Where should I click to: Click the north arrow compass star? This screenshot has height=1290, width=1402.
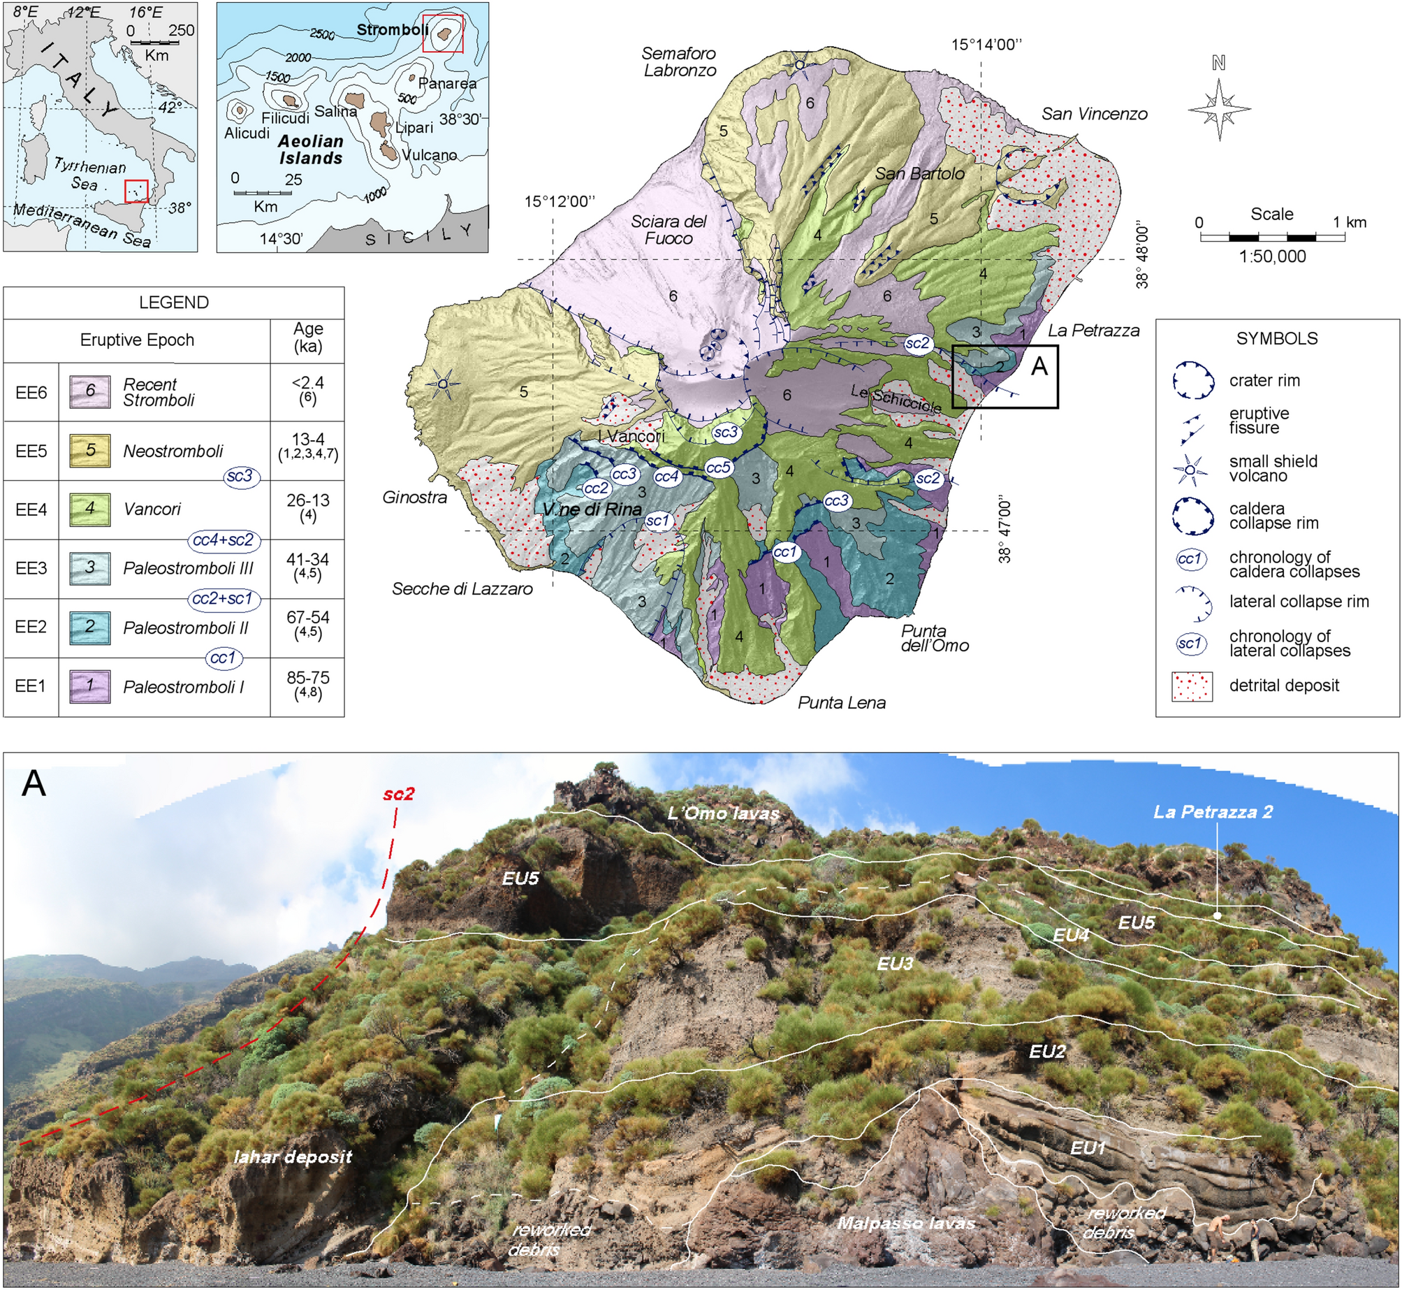[1219, 109]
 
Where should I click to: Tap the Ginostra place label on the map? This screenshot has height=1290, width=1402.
[414, 498]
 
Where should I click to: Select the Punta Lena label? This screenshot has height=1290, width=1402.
[841, 703]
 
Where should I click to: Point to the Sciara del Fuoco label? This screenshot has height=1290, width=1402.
[669, 230]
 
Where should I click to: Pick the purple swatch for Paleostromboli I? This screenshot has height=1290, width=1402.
[90, 686]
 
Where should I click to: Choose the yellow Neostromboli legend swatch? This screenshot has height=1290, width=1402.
[90, 451]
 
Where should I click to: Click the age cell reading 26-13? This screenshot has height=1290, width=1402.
[307, 500]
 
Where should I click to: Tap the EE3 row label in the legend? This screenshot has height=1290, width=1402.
[31, 568]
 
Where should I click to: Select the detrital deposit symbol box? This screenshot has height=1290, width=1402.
[1192, 686]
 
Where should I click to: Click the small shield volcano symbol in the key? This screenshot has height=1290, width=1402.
[1190, 470]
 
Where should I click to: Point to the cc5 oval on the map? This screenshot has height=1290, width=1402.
[717, 468]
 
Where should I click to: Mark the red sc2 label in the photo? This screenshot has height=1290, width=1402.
[399, 794]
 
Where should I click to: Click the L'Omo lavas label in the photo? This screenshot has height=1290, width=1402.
[723, 813]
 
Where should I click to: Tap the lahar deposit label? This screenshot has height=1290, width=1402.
[293, 1157]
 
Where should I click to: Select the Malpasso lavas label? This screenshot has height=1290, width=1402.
[905, 1223]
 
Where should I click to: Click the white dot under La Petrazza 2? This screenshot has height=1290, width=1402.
[1217, 915]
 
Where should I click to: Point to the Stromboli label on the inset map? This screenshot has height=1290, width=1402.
[393, 30]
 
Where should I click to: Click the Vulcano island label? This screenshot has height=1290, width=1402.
[429, 155]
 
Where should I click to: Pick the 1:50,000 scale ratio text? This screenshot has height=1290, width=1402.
[1272, 256]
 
